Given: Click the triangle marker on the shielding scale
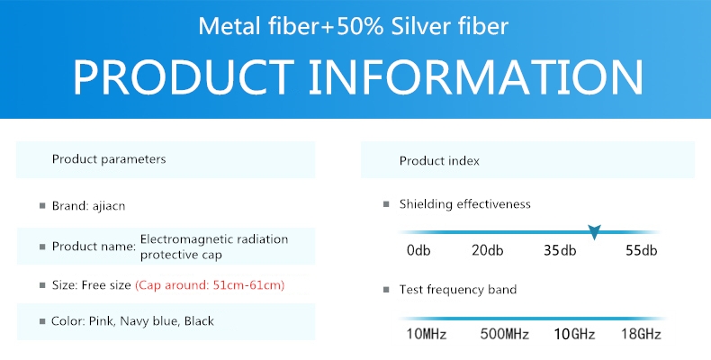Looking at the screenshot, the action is point(594,231).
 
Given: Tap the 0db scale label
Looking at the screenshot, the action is point(418,250).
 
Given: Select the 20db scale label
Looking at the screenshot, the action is point(487,250).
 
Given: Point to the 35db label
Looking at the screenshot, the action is point(560,250).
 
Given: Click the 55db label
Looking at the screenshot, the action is point(641,250).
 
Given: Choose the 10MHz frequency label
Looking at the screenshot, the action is point(427,334).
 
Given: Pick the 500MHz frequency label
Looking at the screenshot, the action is point(504,334).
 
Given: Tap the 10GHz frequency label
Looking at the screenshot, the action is point(574,334).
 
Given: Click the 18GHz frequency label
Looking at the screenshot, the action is point(641,334).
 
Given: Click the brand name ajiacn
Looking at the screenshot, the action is point(109,206).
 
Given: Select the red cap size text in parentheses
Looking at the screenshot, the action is point(210,285).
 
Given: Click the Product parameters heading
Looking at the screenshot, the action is point(109,159).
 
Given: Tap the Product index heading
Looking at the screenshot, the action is point(439,161).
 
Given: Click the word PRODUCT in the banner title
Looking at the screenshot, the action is point(184,76).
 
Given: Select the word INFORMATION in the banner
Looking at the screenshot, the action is point(476,76).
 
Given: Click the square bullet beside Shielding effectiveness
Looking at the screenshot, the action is point(386,204).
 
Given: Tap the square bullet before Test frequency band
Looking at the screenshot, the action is point(386,289).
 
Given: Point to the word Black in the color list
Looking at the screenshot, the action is point(199,321).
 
